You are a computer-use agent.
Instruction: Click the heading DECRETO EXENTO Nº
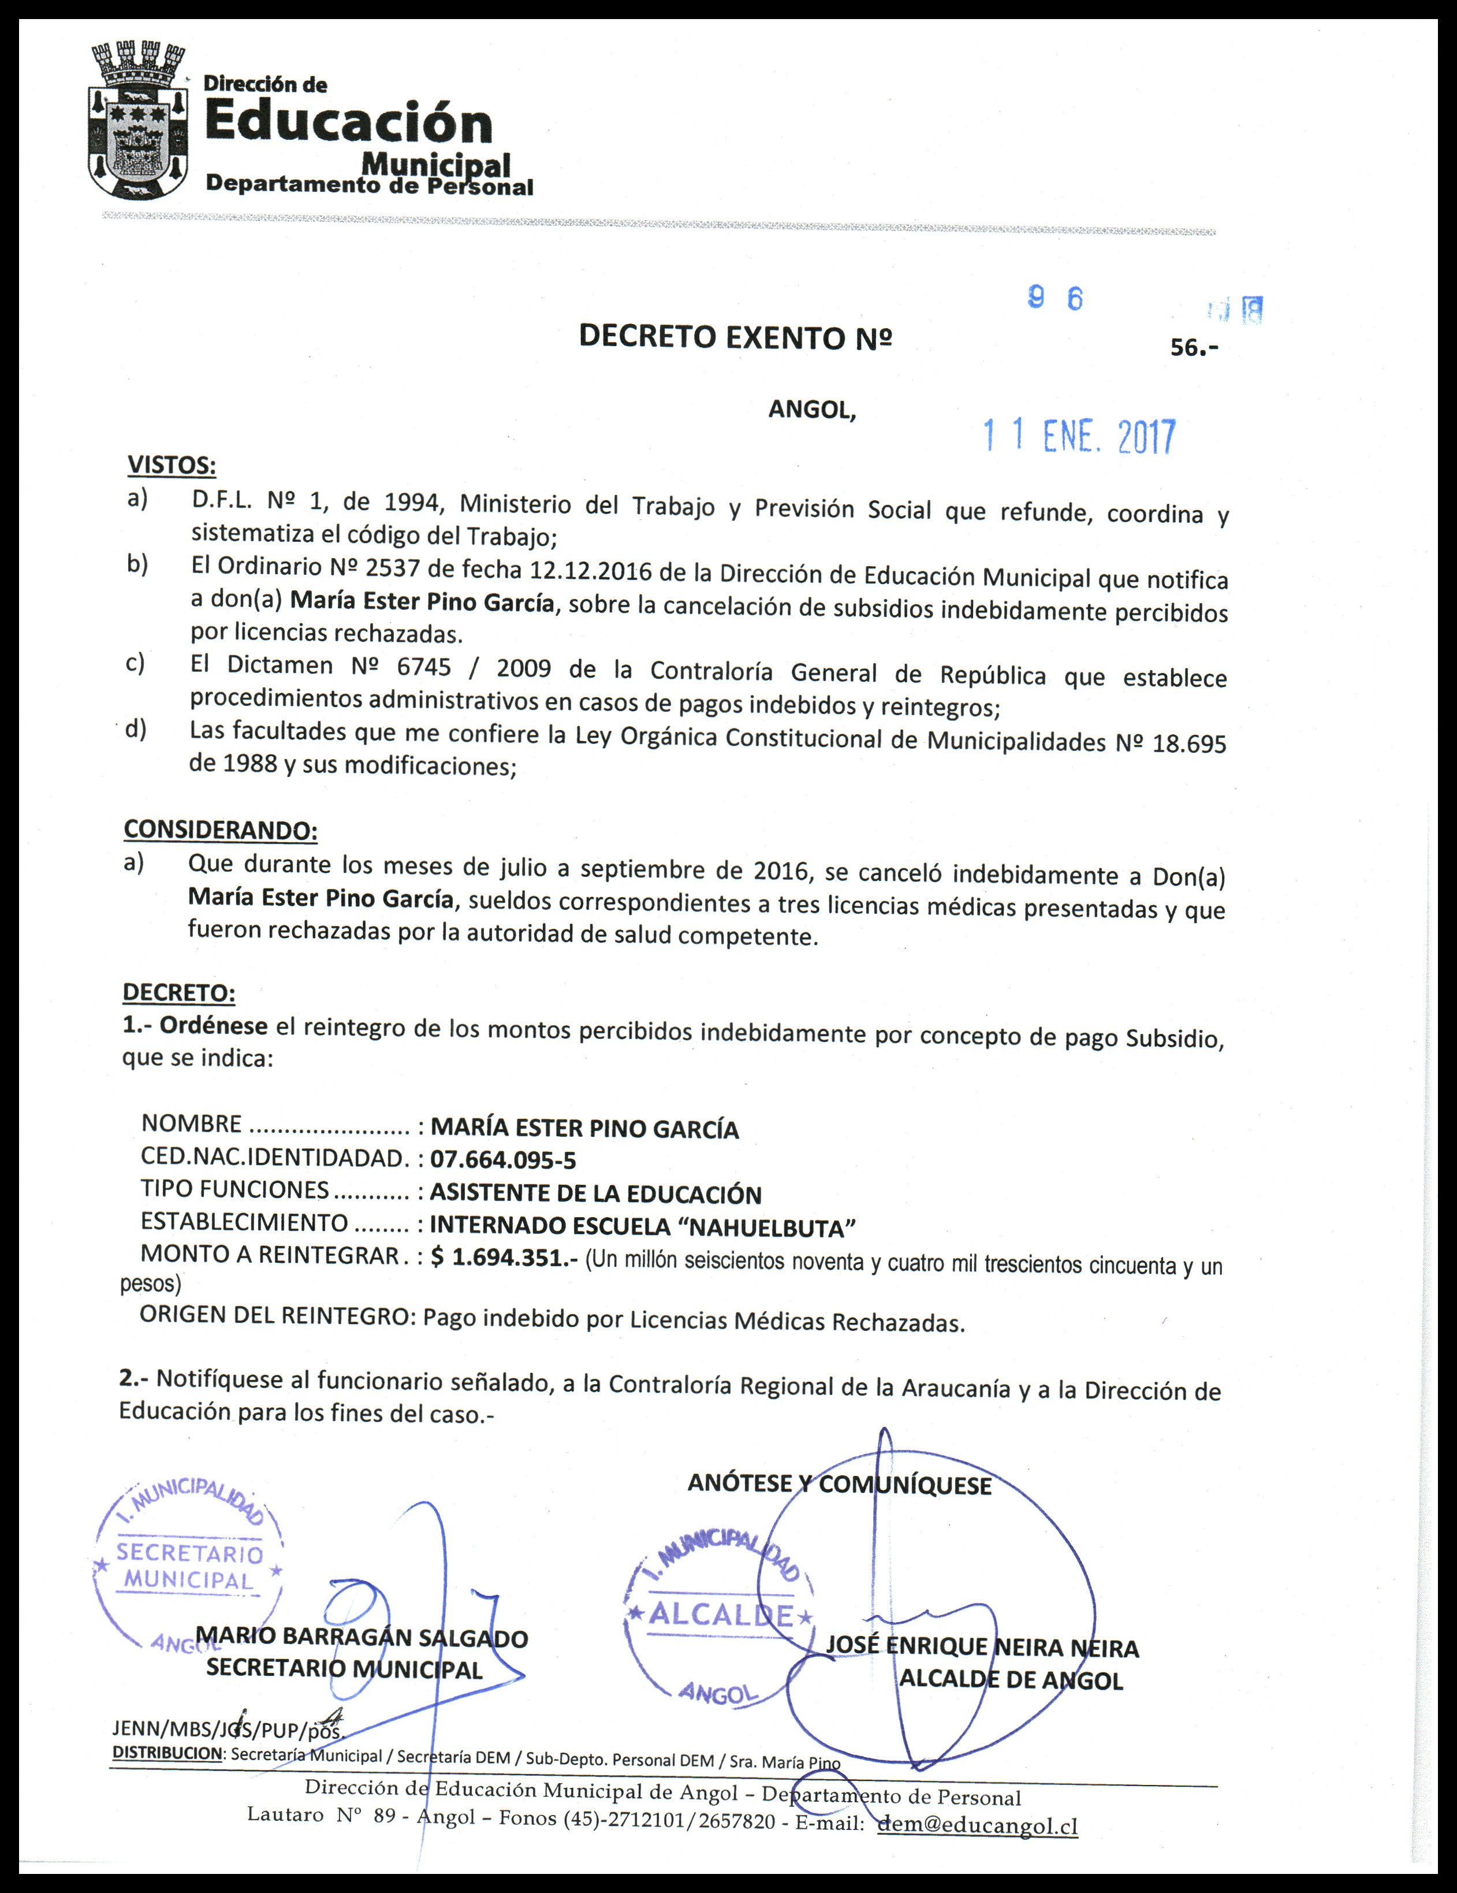click(x=735, y=337)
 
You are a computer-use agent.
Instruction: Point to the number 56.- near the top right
click(x=1194, y=348)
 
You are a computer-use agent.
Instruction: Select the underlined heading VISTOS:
click(x=172, y=466)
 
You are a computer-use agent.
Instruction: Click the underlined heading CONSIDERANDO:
click(x=220, y=830)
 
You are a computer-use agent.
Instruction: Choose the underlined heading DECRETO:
click(x=178, y=992)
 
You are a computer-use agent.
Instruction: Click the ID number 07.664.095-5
click(x=503, y=1160)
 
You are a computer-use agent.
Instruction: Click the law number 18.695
click(x=1188, y=745)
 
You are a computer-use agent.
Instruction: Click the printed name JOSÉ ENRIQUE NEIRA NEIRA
click(x=982, y=1647)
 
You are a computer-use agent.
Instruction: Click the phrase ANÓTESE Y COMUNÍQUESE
click(x=839, y=1484)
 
